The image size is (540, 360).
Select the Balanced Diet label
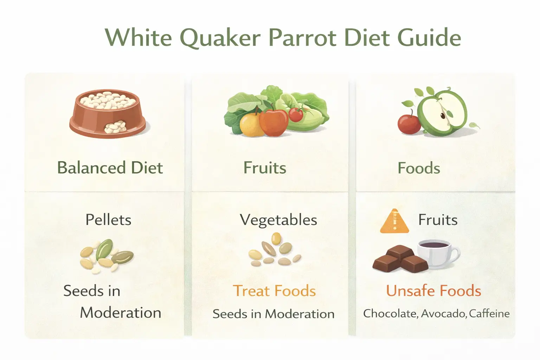pos(110,168)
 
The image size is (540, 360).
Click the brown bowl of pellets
pos(107,114)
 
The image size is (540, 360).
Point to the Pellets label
pos(108,220)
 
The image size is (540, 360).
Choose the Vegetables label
pos(278,220)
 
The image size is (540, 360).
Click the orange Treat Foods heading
pos(274,291)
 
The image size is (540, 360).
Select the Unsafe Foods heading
pos(433,291)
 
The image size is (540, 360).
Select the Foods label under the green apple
pos(419,168)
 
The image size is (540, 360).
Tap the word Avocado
pos(444,313)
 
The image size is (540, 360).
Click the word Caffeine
pos(489,313)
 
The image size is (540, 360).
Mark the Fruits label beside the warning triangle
pos(438,220)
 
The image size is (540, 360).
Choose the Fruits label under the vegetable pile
pos(265,168)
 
